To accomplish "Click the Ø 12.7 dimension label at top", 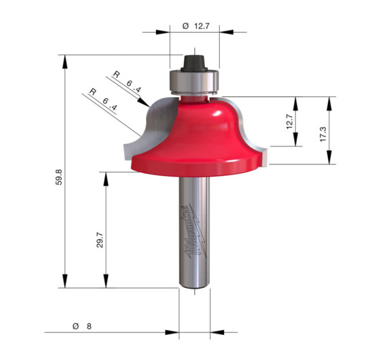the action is point(196,26).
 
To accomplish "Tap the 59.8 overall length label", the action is point(59,177).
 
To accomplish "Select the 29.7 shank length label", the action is point(100,240).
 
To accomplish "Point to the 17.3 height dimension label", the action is point(323,134).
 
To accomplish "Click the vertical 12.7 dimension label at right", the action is point(289,121).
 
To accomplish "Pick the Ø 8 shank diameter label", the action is point(82,326).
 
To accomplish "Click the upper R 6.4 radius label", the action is point(127,82).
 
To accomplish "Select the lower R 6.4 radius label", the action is point(103,99).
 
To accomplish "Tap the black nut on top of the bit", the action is point(194,63).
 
